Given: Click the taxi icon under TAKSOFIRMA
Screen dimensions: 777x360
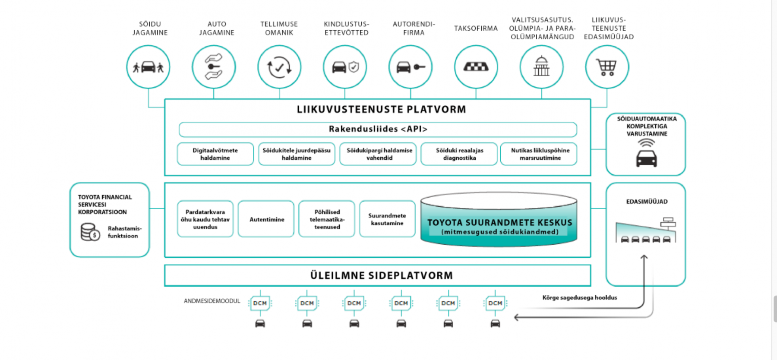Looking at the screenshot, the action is [x=476, y=67].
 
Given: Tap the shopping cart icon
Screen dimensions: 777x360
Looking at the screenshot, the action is [x=606, y=67].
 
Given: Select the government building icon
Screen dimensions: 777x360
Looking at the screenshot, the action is [x=541, y=66].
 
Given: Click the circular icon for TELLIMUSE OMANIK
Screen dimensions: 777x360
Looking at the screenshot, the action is [x=279, y=67].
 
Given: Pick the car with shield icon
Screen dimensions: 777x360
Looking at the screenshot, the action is [x=345, y=67].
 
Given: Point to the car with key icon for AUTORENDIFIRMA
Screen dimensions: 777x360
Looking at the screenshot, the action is [x=411, y=67].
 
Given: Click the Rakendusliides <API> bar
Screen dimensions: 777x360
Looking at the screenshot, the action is [x=378, y=129].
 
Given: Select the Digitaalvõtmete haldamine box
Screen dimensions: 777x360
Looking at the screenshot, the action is [x=215, y=154].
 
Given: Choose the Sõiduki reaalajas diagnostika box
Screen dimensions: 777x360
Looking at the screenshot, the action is [x=459, y=154].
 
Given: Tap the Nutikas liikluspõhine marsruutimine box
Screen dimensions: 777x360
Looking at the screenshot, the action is [x=539, y=154].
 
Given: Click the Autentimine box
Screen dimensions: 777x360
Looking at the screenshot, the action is [x=266, y=219].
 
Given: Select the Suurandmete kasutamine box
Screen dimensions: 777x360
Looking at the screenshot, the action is [x=387, y=219].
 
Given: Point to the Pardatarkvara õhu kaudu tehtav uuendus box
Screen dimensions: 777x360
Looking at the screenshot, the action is [x=205, y=219].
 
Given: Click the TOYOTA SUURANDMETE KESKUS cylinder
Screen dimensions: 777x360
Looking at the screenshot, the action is [x=499, y=220].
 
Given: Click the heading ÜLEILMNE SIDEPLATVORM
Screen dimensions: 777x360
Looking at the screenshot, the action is [x=382, y=275].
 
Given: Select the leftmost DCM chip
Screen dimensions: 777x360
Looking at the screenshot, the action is [x=260, y=303].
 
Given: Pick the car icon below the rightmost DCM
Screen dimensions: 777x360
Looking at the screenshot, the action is [x=495, y=323].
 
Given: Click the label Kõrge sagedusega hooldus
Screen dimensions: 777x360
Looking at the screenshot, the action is [x=580, y=297].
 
